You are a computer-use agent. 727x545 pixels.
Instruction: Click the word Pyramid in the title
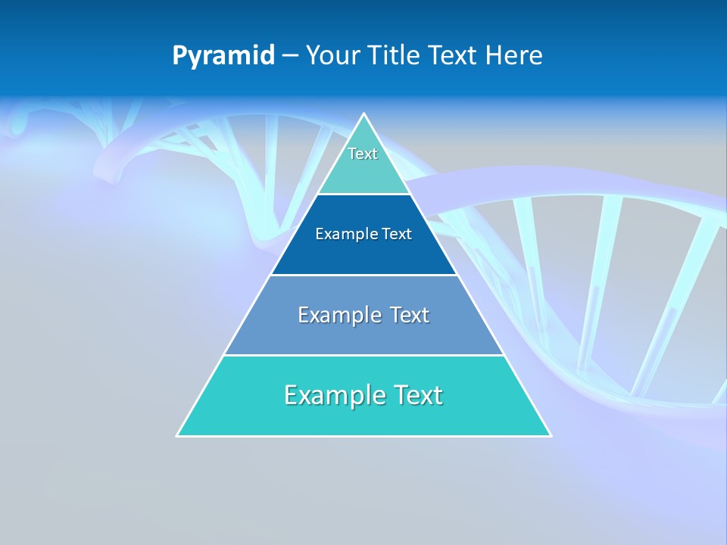pos(223,56)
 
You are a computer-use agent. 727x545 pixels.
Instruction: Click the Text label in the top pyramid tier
pos(363,154)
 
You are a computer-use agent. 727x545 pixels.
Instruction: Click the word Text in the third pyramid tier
pos(410,315)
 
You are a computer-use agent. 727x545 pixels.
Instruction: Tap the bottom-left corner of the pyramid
pos(177,436)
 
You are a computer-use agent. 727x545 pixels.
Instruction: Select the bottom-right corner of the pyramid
pos(551,436)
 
